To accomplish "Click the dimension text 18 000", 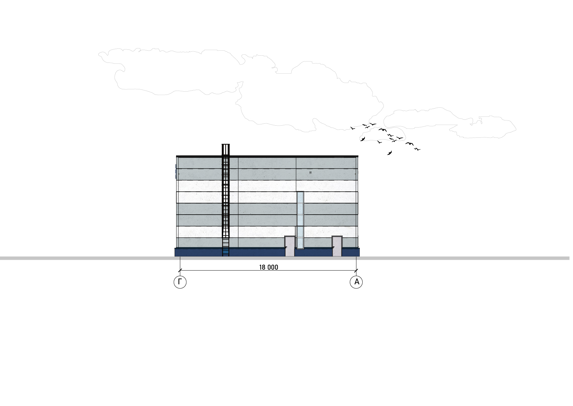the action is click(x=269, y=267).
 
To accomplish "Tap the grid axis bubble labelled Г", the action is click(x=180, y=282).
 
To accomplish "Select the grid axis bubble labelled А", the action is click(x=356, y=282).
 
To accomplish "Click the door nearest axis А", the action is click(x=337, y=246).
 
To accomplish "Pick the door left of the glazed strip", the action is click(x=290, y=246).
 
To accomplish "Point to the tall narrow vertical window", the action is click(x=300, y=220).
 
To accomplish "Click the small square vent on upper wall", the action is click(x=311, y=172).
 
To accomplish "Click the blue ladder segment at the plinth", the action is click(x=226, y=252).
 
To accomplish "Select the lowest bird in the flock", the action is click(x=389, y=153).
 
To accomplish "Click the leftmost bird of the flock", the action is click(x=352, y=128).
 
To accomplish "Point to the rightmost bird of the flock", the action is click(x=417, y=149).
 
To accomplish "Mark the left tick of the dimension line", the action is click(x=180, y=270).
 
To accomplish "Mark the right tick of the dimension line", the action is click(x=356, y=270).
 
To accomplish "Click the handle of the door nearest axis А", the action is click(x=333, y=247).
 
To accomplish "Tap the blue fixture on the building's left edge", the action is click(x=176, y=172).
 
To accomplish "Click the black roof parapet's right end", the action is click(x=358, y=156).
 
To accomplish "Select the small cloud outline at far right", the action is click(x=450, y=123).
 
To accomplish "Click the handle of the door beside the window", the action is click(x=286, y=247).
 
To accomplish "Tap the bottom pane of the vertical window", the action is click(x=300, y=237).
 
